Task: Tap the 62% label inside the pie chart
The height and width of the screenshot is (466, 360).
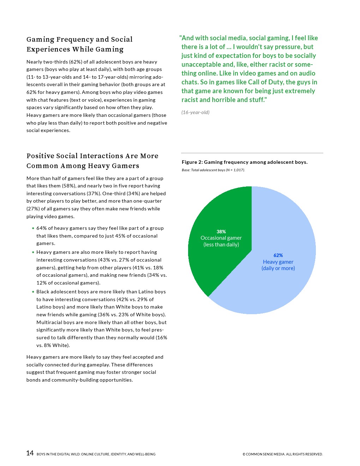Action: (x=278, y=255)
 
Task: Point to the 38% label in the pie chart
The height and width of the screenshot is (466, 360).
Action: (x=221, y=232)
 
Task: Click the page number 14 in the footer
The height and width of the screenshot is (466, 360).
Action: (x=30, y=453)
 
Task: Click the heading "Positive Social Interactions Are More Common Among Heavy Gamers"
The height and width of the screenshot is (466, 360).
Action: (x=92, y=161)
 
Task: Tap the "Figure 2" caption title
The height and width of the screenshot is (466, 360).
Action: (x=244, y=162)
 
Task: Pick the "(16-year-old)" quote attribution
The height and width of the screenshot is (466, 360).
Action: (x=195, y=112)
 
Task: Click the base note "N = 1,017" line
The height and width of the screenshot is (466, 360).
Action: (x=213, y=170)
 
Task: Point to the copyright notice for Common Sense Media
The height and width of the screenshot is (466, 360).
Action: (x=282, y=454)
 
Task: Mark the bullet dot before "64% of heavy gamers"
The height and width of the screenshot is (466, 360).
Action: (x=33, y=228)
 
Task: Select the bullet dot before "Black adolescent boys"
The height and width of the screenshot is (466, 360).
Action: (x=33, y=292)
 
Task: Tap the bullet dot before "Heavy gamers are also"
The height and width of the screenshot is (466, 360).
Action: (x=33, y=252)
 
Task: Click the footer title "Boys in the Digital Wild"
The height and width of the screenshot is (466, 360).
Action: (x=96, y=454)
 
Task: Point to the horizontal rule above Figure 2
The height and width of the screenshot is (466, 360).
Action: (x=252, y=153)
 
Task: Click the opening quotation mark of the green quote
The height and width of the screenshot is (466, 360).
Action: (x=180, y=38)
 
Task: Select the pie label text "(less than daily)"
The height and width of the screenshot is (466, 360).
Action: (x=221, y=245)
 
